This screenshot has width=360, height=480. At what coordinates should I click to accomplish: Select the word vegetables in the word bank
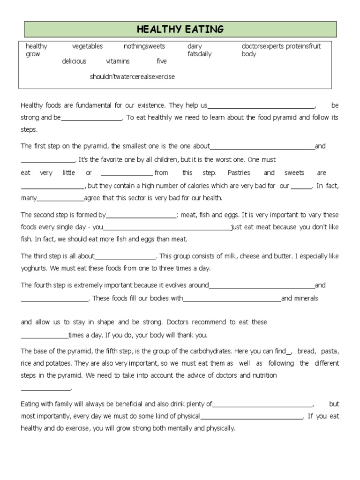click(x=87, y=46)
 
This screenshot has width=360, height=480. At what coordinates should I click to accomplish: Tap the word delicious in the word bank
click(x=74, y=61)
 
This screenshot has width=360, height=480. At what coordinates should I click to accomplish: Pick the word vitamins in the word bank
click(x=118, y=61)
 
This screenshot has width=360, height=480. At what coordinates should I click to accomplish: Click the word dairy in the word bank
click(x=195, y=46)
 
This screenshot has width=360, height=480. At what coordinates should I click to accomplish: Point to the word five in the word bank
click(x=162, y=61)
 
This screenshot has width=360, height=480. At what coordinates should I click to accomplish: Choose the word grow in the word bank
click(x=33, y=54)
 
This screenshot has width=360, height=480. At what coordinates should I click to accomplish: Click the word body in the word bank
click(x=249, y=54)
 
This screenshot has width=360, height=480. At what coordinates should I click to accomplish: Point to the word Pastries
click(x=239, y=173)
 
